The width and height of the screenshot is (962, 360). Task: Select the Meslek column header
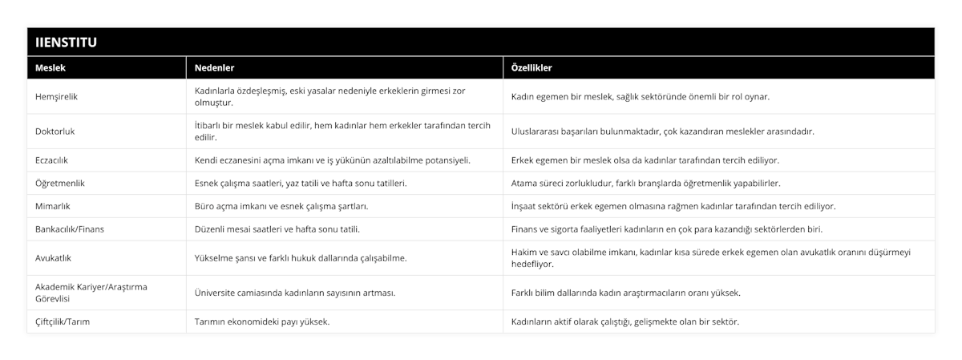(x=51, y=68)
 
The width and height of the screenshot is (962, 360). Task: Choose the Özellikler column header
(x=532, y=68)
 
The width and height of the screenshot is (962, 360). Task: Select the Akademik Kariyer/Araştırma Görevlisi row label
(x=92, y=292)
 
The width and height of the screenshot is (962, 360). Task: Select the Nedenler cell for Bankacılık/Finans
(x=277, y=229)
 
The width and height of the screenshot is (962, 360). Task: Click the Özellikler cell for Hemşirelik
(x=640, y=96)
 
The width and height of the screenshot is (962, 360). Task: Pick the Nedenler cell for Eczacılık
(x=332, y=160)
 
